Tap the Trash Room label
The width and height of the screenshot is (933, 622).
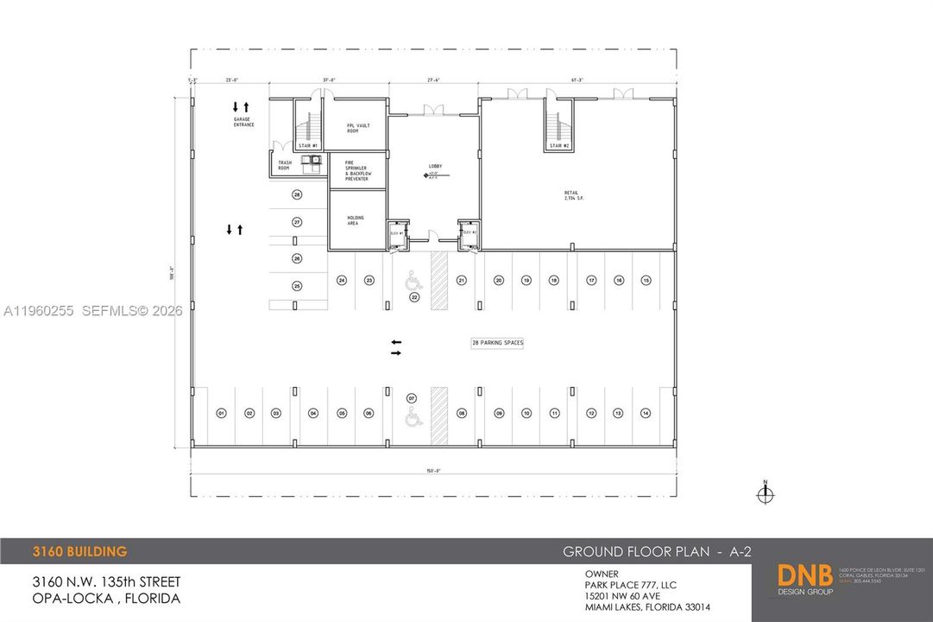click(x=285, y=164)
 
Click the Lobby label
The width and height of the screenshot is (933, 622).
click(x=435, y=165)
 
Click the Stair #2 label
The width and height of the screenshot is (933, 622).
click(x=560, y=146)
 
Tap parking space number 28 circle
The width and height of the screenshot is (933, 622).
click(x=297, y=194)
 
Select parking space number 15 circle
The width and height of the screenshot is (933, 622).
click(x=646, y=280)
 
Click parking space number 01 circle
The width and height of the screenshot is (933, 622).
click(x=221, y=414)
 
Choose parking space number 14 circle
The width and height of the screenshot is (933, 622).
click(x=645, y=414)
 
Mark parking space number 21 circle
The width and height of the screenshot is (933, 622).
click(x=462, y=280)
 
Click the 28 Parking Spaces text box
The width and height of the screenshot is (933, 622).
click(x=497, y=343)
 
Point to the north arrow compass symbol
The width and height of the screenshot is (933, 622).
click(x=765, y=494)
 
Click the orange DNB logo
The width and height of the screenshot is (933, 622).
click(x=804, y=576)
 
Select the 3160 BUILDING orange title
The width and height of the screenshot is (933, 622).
click(x=80, y=551)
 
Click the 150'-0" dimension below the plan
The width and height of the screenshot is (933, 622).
click(x=432, y=471)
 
